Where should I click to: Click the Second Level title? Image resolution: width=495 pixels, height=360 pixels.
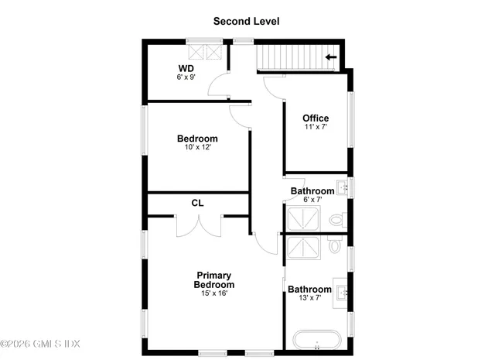[247, 22]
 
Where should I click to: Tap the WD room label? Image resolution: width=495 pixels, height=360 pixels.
[186, 68]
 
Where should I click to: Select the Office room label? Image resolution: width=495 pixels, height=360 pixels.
[316, 118]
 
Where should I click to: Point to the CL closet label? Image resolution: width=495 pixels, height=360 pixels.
[197, 203]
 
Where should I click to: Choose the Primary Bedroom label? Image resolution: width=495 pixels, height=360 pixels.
[213, 280]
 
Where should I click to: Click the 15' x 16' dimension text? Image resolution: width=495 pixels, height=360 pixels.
[213, 293]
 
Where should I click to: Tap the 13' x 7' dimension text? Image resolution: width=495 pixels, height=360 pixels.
[309, 298]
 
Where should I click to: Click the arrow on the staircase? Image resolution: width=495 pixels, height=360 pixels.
[332, 57]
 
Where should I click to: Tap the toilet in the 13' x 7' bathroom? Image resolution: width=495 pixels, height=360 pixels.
[335, 245]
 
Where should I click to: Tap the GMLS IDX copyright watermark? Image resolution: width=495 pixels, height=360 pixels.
[40, 344]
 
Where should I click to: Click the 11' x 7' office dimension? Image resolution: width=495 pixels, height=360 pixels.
[316, 127]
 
